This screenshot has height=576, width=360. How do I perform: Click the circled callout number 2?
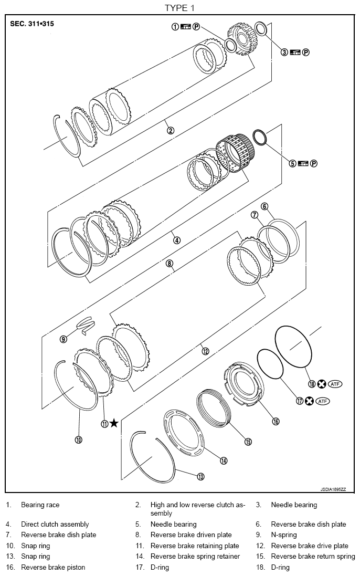pyautogui.click(x=170, y=131)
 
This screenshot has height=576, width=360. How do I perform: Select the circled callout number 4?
pyautogui.click(x=177, y=240)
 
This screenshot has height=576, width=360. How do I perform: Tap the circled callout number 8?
pyautogui.click(x=170, y=264)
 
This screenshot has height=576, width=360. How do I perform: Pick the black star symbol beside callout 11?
pyautogui.click(x=113, y=424)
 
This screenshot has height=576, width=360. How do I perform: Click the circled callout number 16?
pyautogui.click(x=275, y=421)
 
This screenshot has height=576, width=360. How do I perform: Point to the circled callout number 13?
pyautogui.click(x=200, y=476)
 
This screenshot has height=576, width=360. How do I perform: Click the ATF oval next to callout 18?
pyautogui.click(x=335, y=384)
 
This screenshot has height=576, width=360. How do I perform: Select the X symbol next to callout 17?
pyautogui.click(x=309, y=401)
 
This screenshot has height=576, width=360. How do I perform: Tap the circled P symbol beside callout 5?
pyautogui.click(x=314, y=163)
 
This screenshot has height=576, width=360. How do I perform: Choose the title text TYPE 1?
pyautogui.click(x=179, y=7)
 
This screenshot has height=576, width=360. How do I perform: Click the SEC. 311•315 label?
pyautogui.click(x=31, y=24)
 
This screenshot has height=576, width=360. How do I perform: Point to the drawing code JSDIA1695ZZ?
pyautogui.click(x=333, y=489)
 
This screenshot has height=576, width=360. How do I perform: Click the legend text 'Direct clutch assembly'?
pyautogui.click(x=55, y=524)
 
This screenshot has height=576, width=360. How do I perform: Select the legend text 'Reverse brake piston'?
pyautogui.click(x=53, y=567)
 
